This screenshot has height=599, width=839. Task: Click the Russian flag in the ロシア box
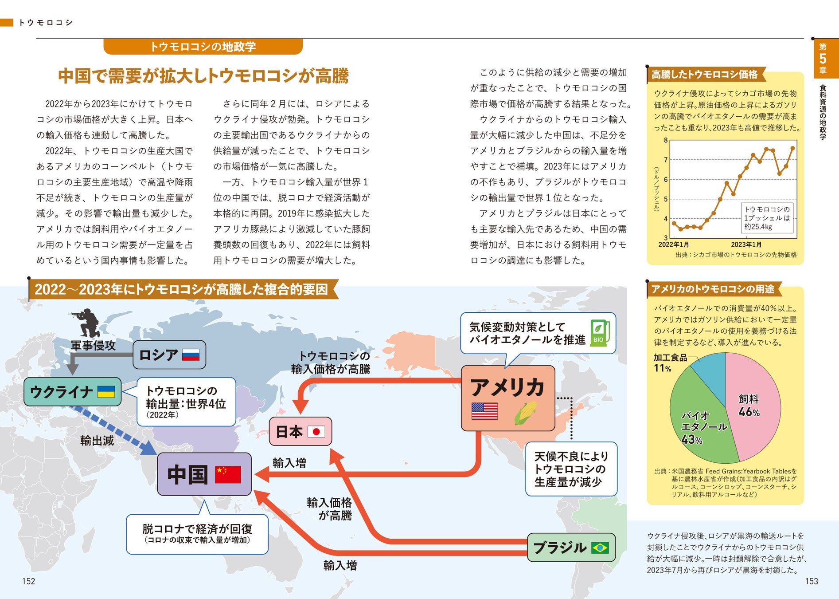pyautogui.click(x=191, y=355)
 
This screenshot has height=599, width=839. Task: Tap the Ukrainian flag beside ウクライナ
pyautogui.click(x=106, y=391)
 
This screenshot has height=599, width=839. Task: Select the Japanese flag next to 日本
pyautogui.click(x=316, y=431)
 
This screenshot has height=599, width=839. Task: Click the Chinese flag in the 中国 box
pyautogui.click(x=228, y=474)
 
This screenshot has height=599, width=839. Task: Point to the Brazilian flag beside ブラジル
pyautogui.click(x=600, y=548)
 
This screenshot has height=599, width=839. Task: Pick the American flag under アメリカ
pyautogui.click(x=484, y=411)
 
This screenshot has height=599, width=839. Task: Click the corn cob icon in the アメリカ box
pyautogui.click(x=526, y=413)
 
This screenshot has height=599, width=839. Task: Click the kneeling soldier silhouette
pyautogui.click(x=87, y=323)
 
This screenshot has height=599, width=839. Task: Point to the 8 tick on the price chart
pyautogui.click(x=665, y=140)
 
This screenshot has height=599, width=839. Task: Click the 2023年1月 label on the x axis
pyautogui.click(x=746, y=244)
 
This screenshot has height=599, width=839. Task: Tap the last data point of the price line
pyautogui.click(x=792, y=148)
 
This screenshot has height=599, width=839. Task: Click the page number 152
pyautogui.click(x=28, y=581)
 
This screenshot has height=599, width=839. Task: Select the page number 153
pyautogui.click(x=812, y=581)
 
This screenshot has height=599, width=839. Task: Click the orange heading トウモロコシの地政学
pyautogui.click(x=203, y=47)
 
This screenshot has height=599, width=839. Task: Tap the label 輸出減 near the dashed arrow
pyautogui.click(x=97, y=441)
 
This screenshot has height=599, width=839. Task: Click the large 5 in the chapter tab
pyautogui.click(x=823, y=59)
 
